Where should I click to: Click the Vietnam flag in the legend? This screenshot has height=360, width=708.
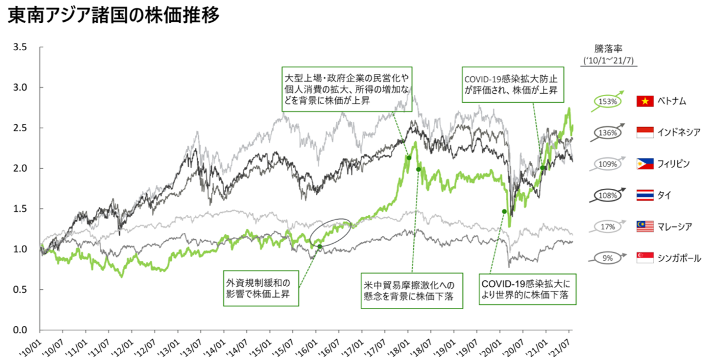644,101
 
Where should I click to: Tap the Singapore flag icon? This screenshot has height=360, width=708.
644,258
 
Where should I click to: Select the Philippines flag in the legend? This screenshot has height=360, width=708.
644,164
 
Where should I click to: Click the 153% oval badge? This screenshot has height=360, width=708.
607,101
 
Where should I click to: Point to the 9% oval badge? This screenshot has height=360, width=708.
608,258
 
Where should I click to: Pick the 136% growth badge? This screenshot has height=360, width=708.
607,133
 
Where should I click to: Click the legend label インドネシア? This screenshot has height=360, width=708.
678,133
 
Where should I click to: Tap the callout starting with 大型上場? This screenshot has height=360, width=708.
347,88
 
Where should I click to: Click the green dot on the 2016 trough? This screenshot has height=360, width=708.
320,247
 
